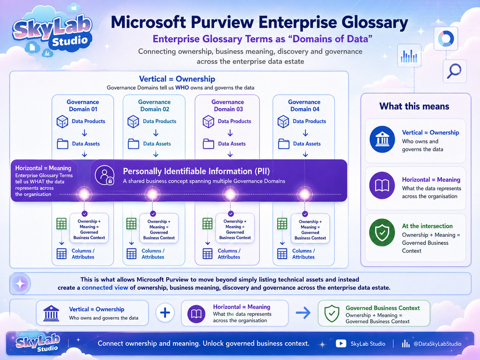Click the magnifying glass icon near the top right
[454, 71]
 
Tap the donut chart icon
[446, 38]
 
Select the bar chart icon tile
[409, 56]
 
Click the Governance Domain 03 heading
[228, 106]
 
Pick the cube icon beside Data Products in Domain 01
[62, 122]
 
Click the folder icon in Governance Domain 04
[283, 144]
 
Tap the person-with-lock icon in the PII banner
[105, 175]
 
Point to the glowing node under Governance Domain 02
[152, 194]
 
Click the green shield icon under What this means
[382, 232]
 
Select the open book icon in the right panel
[382, 186]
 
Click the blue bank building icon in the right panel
[382, 139]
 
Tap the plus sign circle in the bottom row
[165, 312]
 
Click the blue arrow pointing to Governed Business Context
[303, 312]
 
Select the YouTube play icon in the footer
[341, 344]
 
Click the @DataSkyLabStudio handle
[437, 344]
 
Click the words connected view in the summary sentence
[105, 287]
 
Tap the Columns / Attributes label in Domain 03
[229, 254]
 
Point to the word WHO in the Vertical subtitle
[182, 87]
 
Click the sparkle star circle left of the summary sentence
[21, 284]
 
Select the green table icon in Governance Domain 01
[61, 224]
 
